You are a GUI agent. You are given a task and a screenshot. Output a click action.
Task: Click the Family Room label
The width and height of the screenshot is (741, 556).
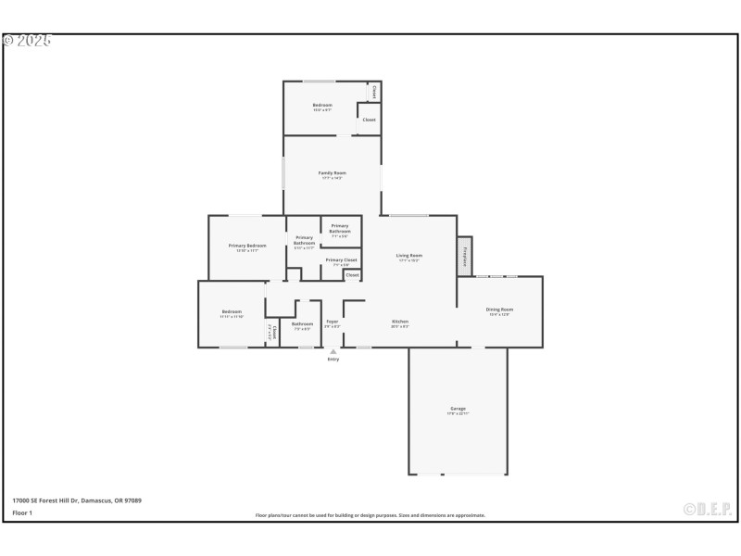[333, 173]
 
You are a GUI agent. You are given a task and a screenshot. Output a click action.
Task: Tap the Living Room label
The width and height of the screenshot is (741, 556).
[409, 256]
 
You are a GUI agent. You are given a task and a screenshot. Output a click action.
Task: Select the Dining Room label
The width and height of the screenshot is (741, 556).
[500, 310]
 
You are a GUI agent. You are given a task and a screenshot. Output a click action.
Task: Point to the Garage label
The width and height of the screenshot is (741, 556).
[458, 409]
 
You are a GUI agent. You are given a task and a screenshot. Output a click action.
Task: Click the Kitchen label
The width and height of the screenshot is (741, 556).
[400, 322]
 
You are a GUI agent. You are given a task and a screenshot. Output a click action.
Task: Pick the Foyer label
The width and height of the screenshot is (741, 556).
[332, 322]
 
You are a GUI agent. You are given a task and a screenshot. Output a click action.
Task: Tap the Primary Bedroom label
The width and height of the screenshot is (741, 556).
[247, 246]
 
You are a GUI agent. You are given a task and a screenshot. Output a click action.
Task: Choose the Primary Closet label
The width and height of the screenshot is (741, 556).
[341, 260]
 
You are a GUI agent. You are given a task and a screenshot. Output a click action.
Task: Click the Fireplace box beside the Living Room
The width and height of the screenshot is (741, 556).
[464, 256]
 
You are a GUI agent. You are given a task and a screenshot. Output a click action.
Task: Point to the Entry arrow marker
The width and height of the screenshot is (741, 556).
[333, 351]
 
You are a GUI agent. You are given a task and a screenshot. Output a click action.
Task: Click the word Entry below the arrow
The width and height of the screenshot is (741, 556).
[333, 360]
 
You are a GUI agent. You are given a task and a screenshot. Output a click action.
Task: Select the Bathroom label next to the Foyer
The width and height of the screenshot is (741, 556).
[303, 323]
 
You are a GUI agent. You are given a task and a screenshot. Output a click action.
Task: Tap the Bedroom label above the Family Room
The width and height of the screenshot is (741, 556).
[322, 106]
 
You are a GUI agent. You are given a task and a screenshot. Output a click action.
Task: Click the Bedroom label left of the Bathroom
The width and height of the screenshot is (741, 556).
[232, 311]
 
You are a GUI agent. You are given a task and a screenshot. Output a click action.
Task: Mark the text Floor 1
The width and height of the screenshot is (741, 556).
[22, 512]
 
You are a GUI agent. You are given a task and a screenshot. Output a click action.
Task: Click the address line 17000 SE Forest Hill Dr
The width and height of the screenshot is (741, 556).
[77, 500]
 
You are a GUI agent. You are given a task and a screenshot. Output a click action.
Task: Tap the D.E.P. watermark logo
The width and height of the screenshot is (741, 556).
[708, 509]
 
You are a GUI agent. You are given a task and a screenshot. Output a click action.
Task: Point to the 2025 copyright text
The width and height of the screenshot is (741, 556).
[27, 41]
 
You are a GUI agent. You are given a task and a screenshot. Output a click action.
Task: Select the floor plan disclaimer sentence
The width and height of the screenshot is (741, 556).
[370, 515]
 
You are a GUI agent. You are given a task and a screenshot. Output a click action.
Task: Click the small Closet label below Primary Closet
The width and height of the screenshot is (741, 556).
[352, 275]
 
